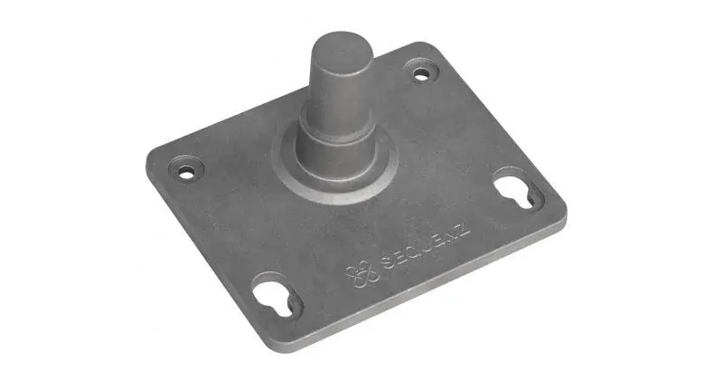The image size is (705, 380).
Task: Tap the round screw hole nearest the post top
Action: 421,75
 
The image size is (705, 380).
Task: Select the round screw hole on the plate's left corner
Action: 186,171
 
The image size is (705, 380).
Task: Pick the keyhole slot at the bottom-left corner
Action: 275,298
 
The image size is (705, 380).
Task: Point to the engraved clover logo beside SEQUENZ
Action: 362,272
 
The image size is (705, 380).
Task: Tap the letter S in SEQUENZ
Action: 387,262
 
